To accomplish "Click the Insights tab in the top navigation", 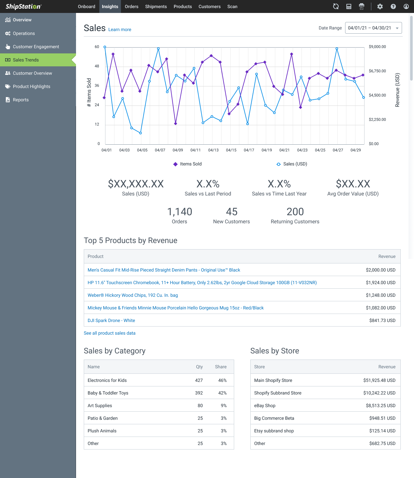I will pyautogui.click(x=110, y=6).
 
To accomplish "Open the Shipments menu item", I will pyautogui.click(x=156, y=6).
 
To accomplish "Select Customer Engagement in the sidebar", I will pyautogui.click(x=36, y=47).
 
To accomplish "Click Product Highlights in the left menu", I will pyautogui.click(x=31, y=86).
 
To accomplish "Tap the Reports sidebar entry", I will pyautogui.click(x=21, y=100).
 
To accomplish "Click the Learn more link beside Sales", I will pyautogui.click(x=120, y=29).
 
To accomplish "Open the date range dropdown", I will pyautogui.click(x=373, y=28).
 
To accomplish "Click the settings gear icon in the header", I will pyautogui.click(x=380, y=6).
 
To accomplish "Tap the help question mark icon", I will pyautogui.click(x=393, y=6).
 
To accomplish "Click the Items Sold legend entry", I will pyautogui.click(x=188, y=164).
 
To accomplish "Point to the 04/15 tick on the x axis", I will pyautogui.click(x=231, y=150).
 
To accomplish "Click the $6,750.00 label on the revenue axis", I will pyautogui.click(x=377, y=71).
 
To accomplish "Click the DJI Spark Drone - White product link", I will pyautogui.click(x=111, y=320).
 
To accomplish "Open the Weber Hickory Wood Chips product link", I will pyautogui.click(x=133, y=295).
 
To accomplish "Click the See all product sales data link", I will pyautogui.click(x=110, y=333).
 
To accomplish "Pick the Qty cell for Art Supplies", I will pyautogui.click(x=200, y=406).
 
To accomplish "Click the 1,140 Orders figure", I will pyautogui.click(x=180, y=212).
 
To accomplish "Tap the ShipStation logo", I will pyautogui.click(x=23, y=6).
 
